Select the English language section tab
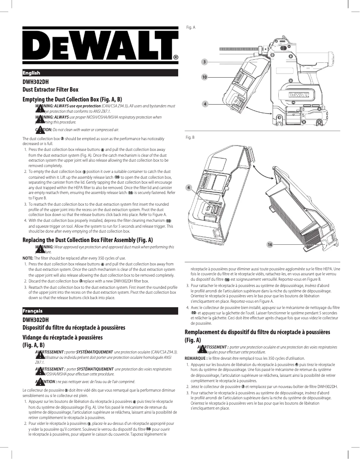click(x=31, y=73)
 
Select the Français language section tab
click(x=32, y=311)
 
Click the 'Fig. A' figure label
click(x=190, y=27)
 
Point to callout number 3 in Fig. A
click(x=204, y=61)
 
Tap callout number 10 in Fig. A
click(x=204, y=78)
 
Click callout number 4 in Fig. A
click(x=205, y=104)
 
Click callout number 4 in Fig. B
click(x=189, y=187)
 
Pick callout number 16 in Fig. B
click(x=270, y=244)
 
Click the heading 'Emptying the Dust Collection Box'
click(x=72, y=99)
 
